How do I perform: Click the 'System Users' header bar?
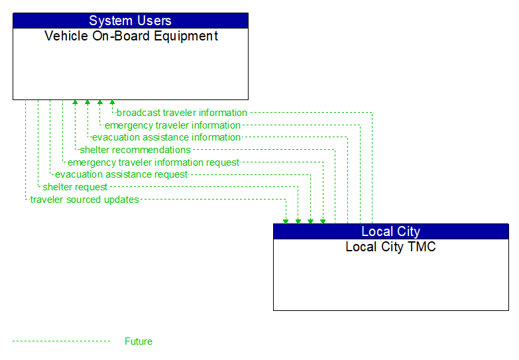tap(130, 21)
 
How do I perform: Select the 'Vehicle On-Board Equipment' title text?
tap(131, 36)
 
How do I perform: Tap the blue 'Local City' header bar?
tap(390, 231)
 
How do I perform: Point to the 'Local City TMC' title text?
tap(390, 247)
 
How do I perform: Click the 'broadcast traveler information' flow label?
tap(182, 113)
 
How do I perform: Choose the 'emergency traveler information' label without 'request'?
tap(172, 125)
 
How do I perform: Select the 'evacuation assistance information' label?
tap(166, 137)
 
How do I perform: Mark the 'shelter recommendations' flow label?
tap(135, 150)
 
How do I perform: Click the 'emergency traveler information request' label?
tap(154, 162)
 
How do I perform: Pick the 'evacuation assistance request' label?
tap(121, 174)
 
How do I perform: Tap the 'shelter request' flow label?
tap(75, 187)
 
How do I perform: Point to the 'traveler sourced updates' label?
tap(85, 200)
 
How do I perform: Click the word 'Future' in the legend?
tap(139, 341)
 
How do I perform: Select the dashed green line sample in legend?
tap(61, 341)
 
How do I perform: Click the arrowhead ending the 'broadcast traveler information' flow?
tap(112, 103)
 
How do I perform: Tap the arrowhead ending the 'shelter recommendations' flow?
tap(75, 103)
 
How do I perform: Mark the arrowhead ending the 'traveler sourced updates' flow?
tap(286, 220)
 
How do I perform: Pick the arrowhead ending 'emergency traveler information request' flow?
tap(323, 220)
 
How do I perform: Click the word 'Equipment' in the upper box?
tap(188, 36)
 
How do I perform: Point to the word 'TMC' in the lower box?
tap(422, 247)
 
